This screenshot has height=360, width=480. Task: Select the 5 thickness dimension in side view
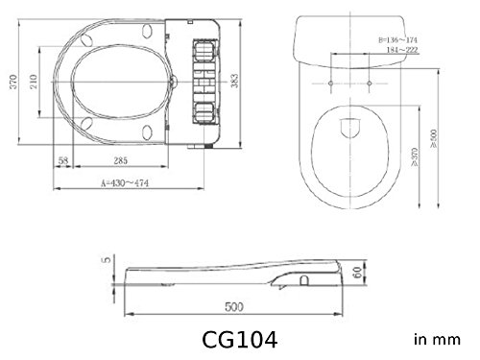pos(108,258)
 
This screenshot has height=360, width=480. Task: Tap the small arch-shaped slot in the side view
pos(304,282)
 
